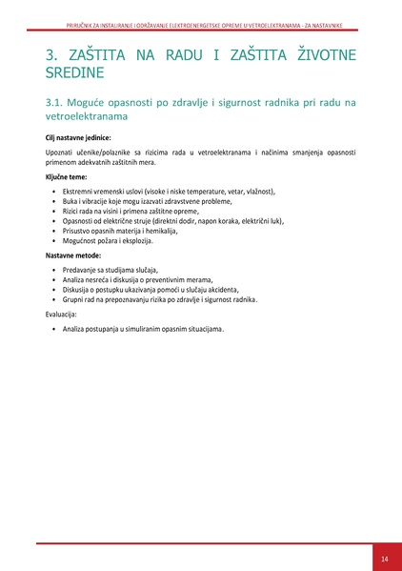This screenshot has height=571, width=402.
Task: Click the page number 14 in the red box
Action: (384, 558)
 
